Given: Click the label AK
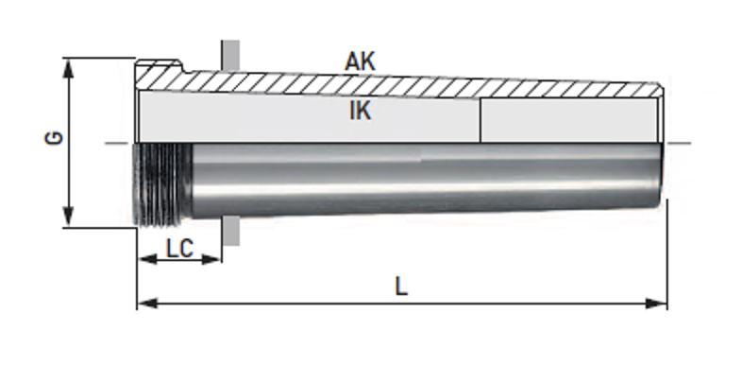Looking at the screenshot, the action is coord(360,61).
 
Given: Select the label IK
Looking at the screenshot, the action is coord(360,111).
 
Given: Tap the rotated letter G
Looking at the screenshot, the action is coord(54,137).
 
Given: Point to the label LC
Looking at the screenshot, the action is coord(179,249).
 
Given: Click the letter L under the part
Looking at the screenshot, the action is coord(401,287).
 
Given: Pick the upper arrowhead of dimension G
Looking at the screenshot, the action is coord(69,69).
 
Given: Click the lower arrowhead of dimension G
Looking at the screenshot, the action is coord(69,217).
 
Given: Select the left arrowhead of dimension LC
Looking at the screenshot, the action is coord(147,259).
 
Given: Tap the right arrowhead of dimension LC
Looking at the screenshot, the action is coord(211,259).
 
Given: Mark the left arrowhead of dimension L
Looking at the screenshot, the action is coord(147,304).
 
